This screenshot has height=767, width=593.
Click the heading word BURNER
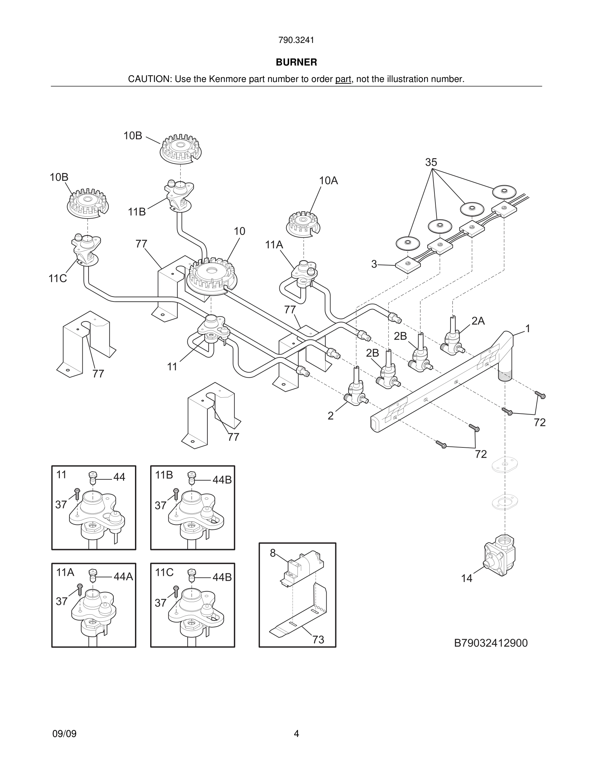coord(296,62)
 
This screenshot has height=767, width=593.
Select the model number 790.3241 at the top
coord(296,40)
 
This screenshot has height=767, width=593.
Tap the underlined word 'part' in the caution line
coord(343,79)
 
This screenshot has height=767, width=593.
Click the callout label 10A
coord(328,180)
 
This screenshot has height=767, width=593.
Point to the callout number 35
coord(431,162)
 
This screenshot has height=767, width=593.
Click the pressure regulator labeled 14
coord(500,555)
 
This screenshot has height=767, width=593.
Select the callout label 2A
coord(478,321)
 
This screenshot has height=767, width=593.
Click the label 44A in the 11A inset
coord(123,577)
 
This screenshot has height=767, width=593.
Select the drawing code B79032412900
coord(491,643)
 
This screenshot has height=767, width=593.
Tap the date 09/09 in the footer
coord(64,734)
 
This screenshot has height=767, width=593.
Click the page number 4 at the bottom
coord(296,734)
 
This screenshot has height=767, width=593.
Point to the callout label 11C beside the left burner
coord(57,279)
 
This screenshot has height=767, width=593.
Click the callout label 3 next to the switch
coord(374,264)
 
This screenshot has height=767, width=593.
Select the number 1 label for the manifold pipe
coord(527,328)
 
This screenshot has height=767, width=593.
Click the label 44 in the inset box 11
coord(119,477)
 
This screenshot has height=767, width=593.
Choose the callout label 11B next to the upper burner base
coord(137,212)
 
